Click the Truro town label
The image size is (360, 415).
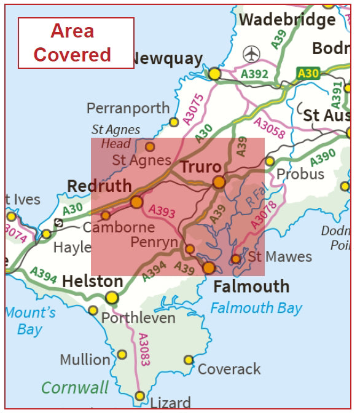[x=200, y=167]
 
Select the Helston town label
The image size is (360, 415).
[x=93, y=282]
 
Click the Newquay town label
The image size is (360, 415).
[x=166, y=59]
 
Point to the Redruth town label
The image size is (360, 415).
[x=100, y=186]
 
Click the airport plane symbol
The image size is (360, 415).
[x=252, y=54]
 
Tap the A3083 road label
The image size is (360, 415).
[x=144, y=350]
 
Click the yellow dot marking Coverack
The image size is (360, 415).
[x=189, y=360]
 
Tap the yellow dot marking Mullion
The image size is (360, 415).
[x=122, y=355]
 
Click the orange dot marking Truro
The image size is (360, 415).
[x=219, y=182]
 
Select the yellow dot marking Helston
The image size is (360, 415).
[x=111, y=298]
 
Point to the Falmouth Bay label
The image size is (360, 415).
[x=256, y=307]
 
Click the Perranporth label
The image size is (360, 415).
[x=128, y=108]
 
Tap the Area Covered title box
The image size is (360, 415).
[x=76, y=43]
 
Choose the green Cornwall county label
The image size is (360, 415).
[x=75, y=388]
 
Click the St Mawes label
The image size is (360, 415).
[x=280, y=257]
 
